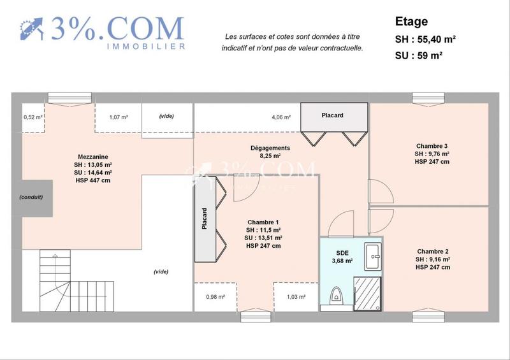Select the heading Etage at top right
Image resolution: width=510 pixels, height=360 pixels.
411,22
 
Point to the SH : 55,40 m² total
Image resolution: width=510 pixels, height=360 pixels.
425,39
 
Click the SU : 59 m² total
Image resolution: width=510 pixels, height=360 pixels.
419,55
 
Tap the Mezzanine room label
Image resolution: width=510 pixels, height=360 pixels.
93,156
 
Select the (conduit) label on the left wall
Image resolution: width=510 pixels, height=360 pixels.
31,197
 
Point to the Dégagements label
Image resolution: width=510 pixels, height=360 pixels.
270,148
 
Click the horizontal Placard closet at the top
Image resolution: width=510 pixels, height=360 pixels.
331,115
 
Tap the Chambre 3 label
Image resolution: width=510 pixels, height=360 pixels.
432,145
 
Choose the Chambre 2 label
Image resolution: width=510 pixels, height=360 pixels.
433,251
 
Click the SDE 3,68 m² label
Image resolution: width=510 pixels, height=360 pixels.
342,256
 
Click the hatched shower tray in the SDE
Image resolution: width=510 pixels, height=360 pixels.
368,294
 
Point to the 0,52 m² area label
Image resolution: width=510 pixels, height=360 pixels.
33,117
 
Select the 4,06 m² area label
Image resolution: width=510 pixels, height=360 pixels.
281,117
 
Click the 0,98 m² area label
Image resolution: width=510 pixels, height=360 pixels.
215,297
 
